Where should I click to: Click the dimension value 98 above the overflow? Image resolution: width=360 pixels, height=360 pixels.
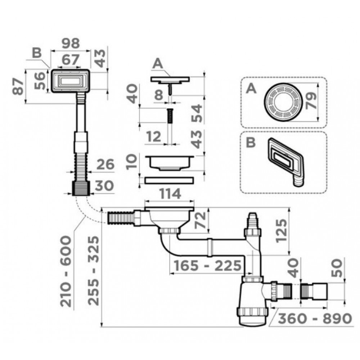coord(71,44)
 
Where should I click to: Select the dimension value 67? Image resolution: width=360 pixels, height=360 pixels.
coord(70,60)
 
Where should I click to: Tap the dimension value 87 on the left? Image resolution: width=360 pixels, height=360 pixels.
coord(18,86)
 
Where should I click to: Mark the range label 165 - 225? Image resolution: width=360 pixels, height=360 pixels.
coord(208,266)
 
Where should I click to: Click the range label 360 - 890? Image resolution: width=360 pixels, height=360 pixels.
coord(315,319)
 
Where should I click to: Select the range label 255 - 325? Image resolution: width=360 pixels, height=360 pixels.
coord(94,271)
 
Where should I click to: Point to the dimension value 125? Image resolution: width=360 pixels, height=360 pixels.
coord(282,231)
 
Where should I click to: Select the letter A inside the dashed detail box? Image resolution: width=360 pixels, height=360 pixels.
coord(251,89)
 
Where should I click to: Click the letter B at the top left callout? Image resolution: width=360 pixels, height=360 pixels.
coord(37,53)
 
